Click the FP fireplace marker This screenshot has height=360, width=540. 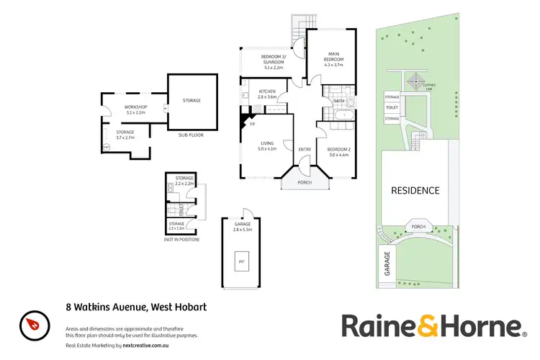(253, 125)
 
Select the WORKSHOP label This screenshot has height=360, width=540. (136, 109)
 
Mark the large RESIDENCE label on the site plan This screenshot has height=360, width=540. (415, 191)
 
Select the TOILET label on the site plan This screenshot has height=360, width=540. (392, 107)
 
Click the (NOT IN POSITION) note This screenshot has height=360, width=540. (181, 239)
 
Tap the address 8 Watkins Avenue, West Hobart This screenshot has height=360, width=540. (131, 307)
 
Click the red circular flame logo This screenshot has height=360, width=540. (32, 323)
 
